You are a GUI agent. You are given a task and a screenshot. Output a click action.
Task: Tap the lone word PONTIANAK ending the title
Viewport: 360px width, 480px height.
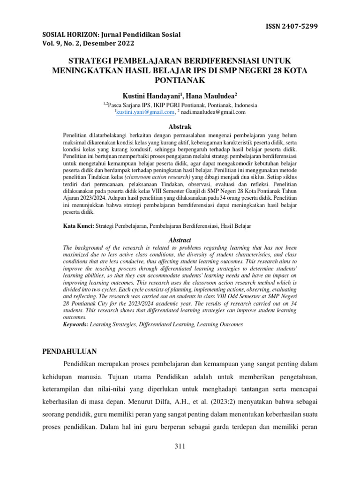click(x=180, y=80)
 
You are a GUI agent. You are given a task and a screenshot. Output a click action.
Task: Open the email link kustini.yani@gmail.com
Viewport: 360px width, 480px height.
click(x=145, y=112)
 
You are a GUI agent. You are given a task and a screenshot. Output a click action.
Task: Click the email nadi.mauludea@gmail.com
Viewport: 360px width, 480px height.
click(x=213, y=112)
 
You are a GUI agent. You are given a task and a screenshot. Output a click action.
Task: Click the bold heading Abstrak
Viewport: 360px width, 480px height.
click(x=180, y=127)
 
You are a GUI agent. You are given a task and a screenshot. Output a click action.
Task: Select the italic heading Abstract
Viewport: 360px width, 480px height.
click(x=180, y=240)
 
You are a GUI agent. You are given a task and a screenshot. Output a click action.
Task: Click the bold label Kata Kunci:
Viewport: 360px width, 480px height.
click(x=78, y=226)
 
